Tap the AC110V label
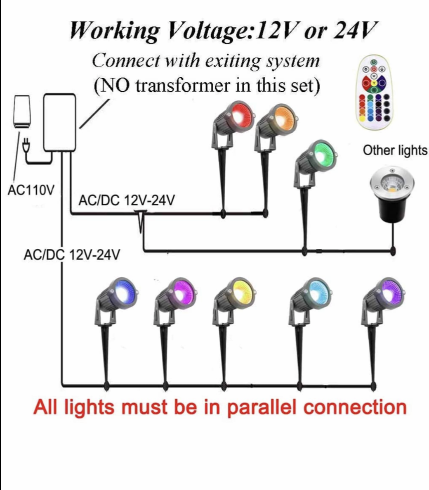pos(31,190)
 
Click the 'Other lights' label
pos(395,150)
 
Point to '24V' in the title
pos(356,31)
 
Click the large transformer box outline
pos(60,123)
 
